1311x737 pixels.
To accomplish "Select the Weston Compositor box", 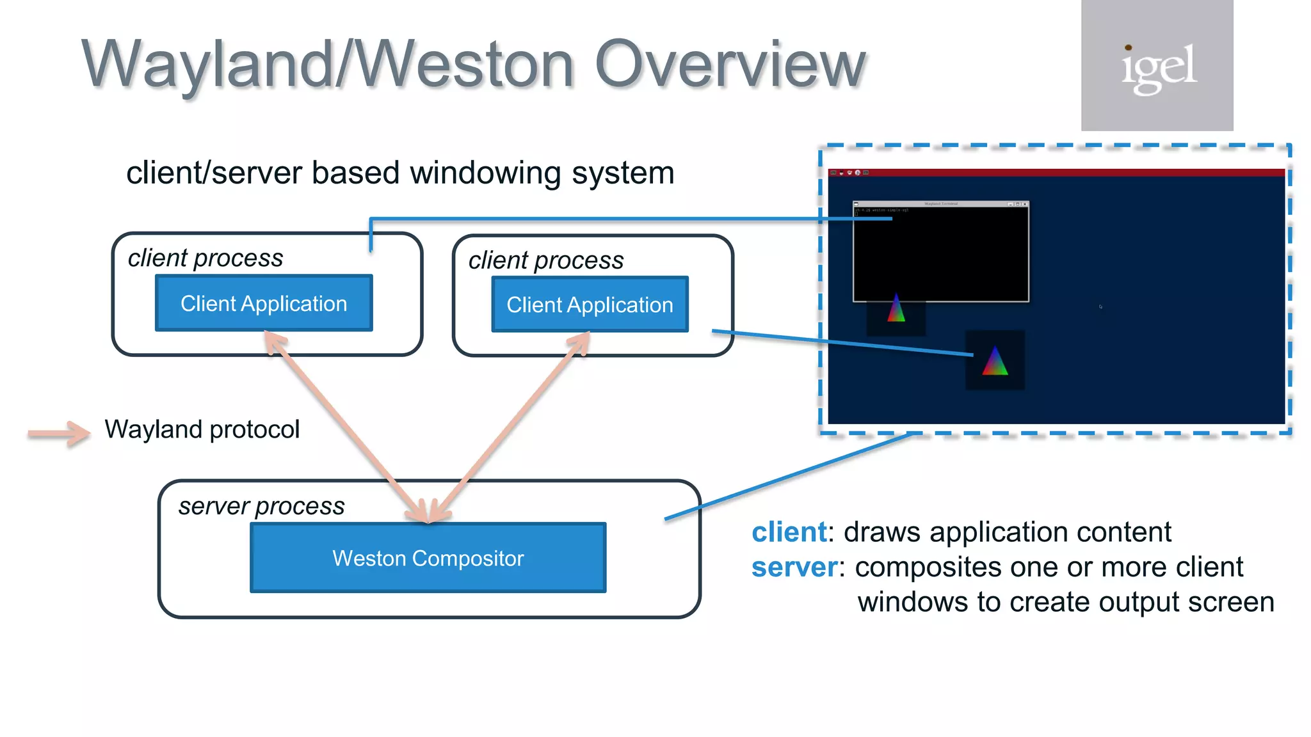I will [x=428, y=558].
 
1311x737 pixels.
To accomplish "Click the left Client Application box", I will [x=264, y=303].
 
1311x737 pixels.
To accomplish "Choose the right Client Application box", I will [x=590, y=305].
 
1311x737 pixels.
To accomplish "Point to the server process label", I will [x=261, y=506].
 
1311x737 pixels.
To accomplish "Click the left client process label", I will [x=205, y=258].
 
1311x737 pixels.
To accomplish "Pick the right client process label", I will [x=545, y=260].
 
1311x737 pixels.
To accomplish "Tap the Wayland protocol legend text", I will [x=202, y=429].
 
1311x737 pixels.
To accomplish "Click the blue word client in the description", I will [x=789, y=532].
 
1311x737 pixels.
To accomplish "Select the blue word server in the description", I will [x=794, y=567].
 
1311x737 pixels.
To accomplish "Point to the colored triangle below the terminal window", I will [x=896, y=309].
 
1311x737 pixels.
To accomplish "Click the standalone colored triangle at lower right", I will [x=995, y=361].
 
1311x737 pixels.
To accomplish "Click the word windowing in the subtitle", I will [x=487, y=173].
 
